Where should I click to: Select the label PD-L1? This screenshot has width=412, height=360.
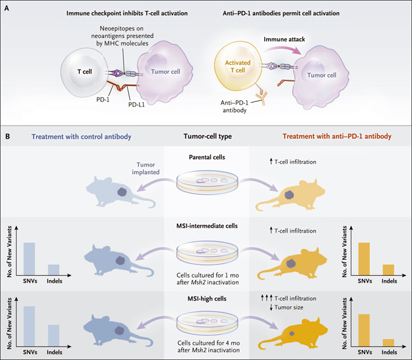point(136,105)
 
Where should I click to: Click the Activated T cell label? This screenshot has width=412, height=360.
point(238,67)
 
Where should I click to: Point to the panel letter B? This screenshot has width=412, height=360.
point(8,136)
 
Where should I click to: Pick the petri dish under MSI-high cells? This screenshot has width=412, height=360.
point(207,323)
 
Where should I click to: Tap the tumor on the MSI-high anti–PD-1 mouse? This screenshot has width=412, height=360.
point(292,333)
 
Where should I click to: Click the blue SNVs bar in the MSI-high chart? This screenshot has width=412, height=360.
point(29,326)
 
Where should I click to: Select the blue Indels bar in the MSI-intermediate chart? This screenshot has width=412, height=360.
point(54,270)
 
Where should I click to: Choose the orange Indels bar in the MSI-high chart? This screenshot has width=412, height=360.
point(389,343)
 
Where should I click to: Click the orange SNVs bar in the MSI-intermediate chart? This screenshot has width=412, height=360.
point(364,259)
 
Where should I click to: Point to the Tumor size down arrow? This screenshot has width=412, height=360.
point(271,307)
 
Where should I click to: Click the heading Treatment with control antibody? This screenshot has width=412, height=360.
point(82,137)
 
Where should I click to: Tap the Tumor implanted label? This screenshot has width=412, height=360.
point(146,169)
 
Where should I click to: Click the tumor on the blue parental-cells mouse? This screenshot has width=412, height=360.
point(122,191)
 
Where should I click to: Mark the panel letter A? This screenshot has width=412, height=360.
point(7,8)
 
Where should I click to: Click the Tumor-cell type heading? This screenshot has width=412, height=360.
point(207,136)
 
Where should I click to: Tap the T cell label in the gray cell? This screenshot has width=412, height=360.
point(84,72)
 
